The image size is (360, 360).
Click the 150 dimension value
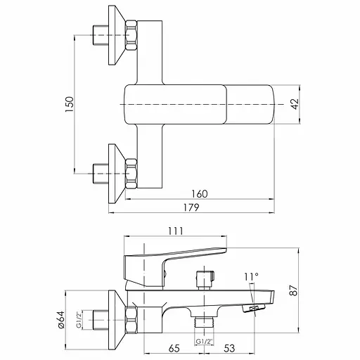click(70, 104)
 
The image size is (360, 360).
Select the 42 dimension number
click(295, 104)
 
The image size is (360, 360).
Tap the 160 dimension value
click(200, 194)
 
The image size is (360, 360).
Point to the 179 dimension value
click(191, 207)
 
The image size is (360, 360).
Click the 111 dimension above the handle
click(176, 231)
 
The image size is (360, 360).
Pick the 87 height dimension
click(294, 290)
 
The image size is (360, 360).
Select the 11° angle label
click(251, 277)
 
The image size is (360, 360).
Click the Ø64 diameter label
click(60, 320)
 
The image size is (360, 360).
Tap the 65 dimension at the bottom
click(174, 348)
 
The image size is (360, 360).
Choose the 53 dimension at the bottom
click(229, 348)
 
